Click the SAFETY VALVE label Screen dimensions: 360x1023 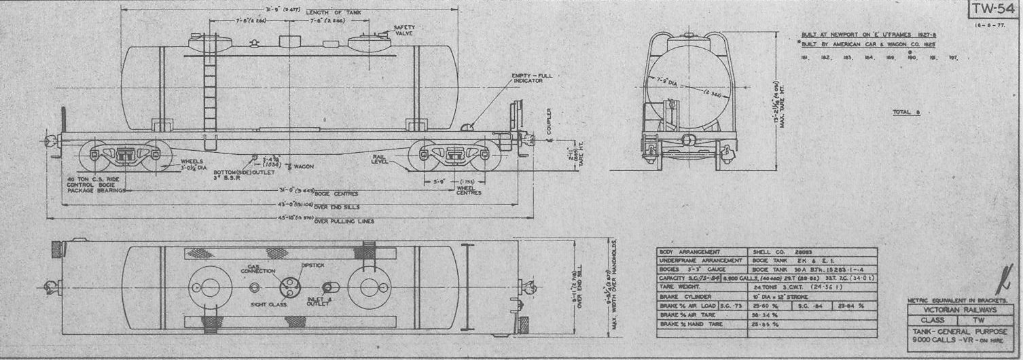point(405,31)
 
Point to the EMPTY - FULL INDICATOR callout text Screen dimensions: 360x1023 point(535,78)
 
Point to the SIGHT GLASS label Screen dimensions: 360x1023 point(270,305)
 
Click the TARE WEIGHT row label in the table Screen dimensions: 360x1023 point(680,287)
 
